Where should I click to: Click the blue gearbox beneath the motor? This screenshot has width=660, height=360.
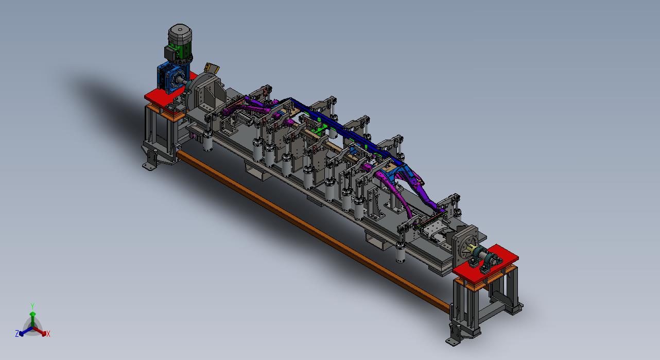click(170, 77)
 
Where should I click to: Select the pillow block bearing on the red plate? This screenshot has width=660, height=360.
click(487, 259)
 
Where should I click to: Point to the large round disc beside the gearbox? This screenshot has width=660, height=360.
click(200, 89)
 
